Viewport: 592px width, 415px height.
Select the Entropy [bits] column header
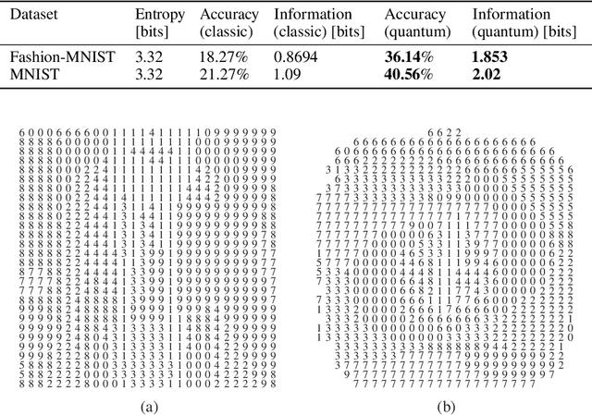[x=159, y=23]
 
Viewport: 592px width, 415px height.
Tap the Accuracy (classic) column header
[x=229, y=23]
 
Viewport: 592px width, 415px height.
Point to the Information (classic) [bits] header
[x=318, y=23]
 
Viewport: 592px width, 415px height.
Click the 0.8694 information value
[x=296, y=56]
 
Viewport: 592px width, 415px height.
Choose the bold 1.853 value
[x=490, y=56]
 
